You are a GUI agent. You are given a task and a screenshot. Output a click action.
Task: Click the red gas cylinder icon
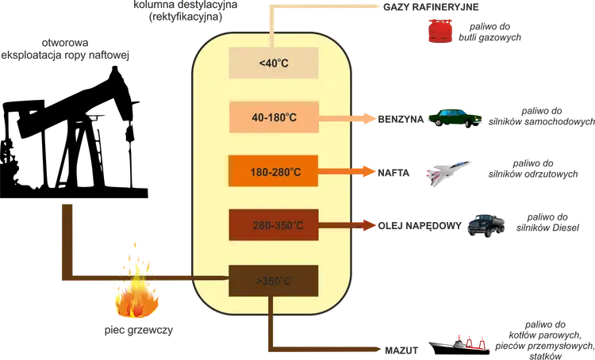(440, 31)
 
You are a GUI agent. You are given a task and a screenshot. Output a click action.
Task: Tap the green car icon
(455, 118)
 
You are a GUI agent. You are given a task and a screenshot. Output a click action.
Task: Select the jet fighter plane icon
(448, 174)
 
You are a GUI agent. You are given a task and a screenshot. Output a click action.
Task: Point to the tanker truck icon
(486, 226)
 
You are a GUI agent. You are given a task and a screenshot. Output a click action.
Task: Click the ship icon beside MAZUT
(459, 345)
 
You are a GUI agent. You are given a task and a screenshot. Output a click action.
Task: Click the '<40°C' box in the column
(273, 63)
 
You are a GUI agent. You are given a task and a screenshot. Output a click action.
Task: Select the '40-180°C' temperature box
(274, 117)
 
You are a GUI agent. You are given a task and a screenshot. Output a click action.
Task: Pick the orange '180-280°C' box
(273, 171)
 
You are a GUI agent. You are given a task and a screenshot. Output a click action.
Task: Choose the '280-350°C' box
(274, 224)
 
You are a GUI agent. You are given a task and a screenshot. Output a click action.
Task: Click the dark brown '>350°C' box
(273, 281)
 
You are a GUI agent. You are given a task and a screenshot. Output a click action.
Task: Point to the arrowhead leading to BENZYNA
(370, 118)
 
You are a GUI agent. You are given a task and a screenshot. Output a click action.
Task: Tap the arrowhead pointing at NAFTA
(370, 171)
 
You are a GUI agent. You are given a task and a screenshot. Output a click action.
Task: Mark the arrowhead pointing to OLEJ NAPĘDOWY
(370, 225)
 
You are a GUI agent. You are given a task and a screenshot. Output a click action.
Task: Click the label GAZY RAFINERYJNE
(431, 7)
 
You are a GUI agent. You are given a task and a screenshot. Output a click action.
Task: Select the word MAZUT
(401, 350)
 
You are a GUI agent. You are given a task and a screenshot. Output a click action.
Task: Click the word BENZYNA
(401, 120)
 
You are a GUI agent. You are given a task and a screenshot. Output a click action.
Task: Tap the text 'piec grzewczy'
(139, 331)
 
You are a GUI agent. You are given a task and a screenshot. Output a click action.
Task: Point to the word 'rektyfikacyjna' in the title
(186, 17)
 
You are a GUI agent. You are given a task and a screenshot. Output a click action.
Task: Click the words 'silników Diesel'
(547, 228)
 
